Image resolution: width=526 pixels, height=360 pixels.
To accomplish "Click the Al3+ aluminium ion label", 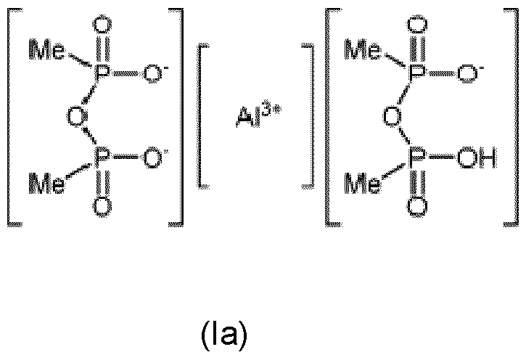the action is pos(258,113).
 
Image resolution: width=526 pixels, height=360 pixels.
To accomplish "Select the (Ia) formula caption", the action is pos(224,335).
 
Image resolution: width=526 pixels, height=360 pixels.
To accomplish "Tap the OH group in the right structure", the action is pos(477,157).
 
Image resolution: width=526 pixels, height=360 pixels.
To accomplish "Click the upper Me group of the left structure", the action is pos(46,50).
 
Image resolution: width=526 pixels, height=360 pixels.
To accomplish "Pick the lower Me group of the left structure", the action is pos(46,183).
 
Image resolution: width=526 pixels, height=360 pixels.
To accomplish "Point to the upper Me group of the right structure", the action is pos(363,50).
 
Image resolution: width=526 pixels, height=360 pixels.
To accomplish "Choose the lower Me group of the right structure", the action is pos(363,183).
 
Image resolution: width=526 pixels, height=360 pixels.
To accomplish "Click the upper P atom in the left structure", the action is pos(102,73).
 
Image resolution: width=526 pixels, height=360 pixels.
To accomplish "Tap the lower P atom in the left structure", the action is pos(102,157).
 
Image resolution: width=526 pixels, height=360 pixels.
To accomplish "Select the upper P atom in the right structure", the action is pos(417,73).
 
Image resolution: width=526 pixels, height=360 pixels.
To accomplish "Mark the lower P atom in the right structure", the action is pos(417,157).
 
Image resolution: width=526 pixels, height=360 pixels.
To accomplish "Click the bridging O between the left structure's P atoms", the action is pos(75,116).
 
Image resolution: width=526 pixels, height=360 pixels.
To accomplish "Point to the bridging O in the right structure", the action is pos(393,116).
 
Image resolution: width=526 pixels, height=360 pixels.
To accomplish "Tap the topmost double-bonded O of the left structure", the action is pos(102,25).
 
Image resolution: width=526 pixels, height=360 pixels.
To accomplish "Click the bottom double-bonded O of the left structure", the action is pos(102,207).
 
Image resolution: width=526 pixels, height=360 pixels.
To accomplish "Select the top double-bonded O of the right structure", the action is pos(417,25).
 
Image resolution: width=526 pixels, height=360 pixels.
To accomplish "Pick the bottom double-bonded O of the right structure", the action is pos(417,205).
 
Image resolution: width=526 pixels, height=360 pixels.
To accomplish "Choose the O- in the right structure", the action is pos(470,73).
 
